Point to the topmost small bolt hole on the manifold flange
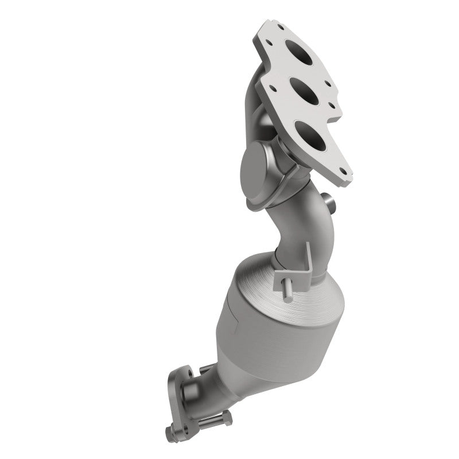pyautogui.click(x=280, y=25)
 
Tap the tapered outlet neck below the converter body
pyautogui.click(x=221, y=379)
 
